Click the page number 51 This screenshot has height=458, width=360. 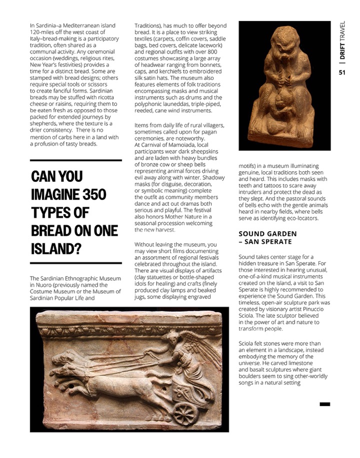342,72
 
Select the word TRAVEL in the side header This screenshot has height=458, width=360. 342,30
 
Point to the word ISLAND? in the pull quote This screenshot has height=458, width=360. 56,249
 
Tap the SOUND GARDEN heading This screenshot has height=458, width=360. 267,234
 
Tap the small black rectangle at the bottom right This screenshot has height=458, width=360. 324,404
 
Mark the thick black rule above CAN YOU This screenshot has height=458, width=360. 76,160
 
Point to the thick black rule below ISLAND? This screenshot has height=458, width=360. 76,263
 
